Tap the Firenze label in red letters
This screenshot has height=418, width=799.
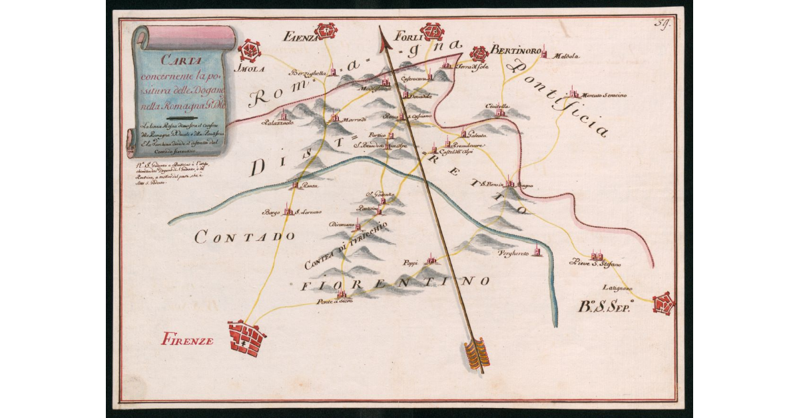(187, 341)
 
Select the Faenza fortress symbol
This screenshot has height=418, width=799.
(326, 31)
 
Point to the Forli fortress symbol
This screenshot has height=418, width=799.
(433, 31)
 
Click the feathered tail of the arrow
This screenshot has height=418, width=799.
(476, 353)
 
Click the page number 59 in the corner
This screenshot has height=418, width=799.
(662, 25)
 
